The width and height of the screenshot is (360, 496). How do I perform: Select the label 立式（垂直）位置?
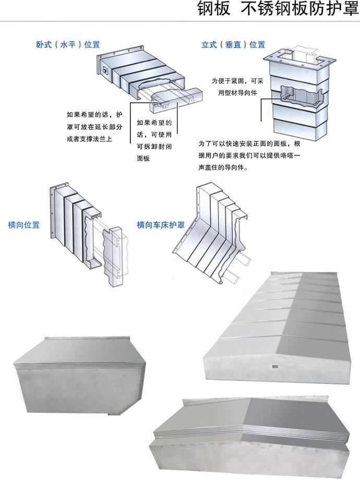tap(233, 45)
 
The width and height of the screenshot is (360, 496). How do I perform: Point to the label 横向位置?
tap(24, 225)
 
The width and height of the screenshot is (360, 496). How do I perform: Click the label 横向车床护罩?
tap(161, 225)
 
